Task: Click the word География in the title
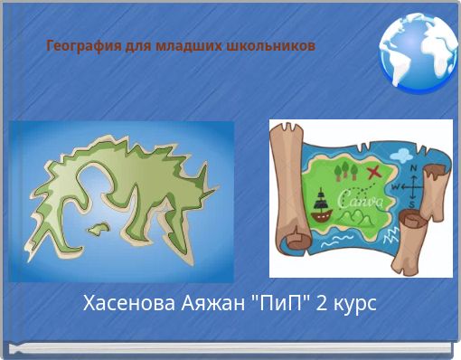click(75, 44)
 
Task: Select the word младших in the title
click(191, 44)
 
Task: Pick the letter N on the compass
click(413, 169)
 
